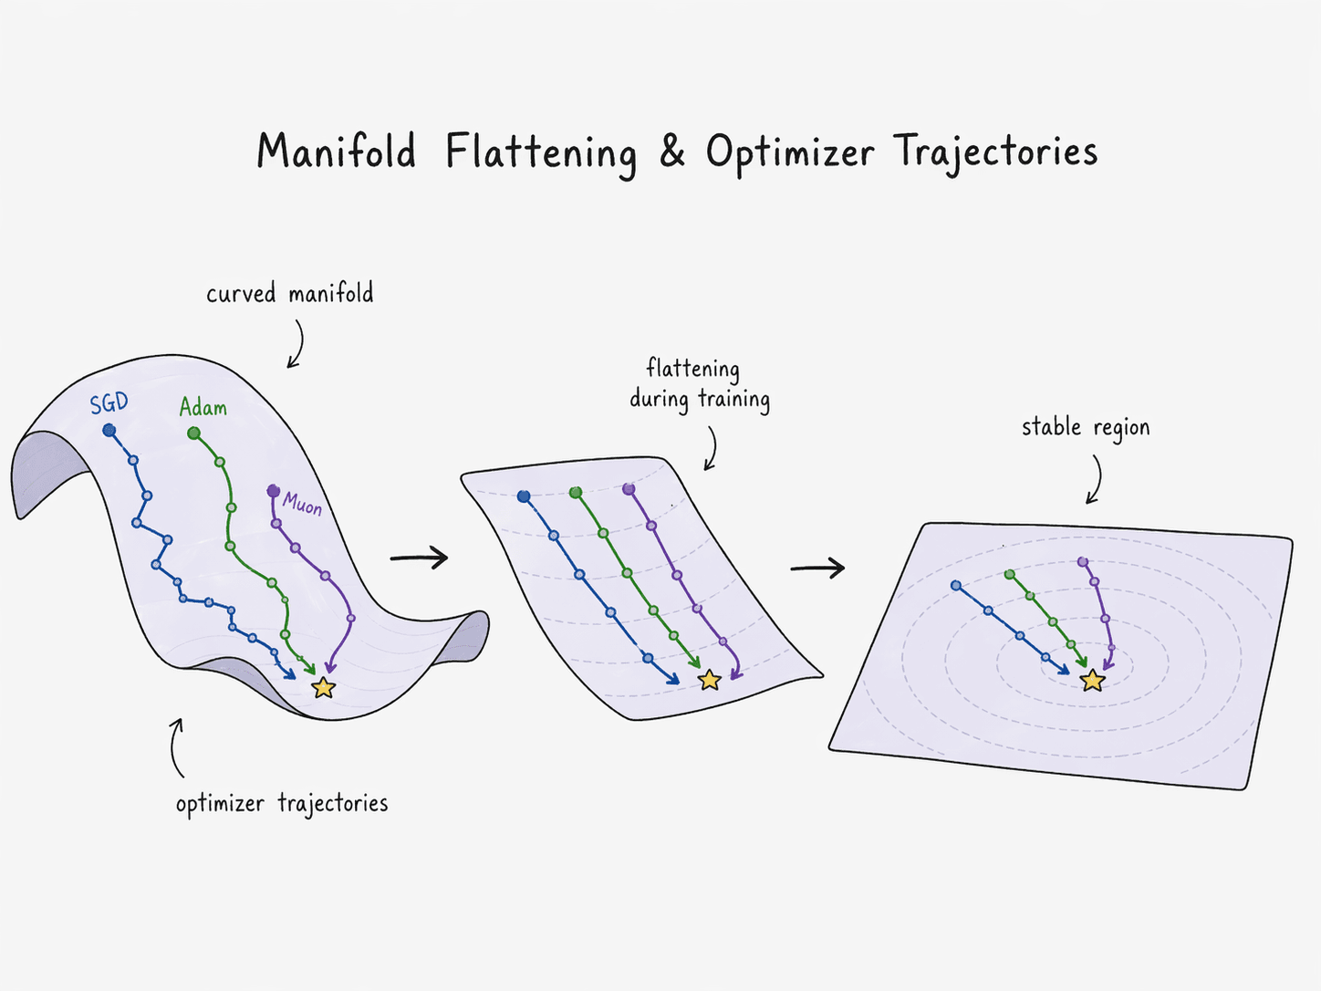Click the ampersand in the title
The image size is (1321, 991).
pyautogui.click(x=671, y=151)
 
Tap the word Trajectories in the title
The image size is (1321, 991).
pyautogui.click(x=995, y=152)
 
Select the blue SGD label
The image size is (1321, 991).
pyautogui.click(x=109, y=403)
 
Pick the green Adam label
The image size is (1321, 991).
pyautogui.click(x=203, y=407)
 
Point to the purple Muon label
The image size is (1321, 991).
pyautogui.click(x=302, y=503)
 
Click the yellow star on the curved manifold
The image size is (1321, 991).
pyautogui.click(x=323, y=687)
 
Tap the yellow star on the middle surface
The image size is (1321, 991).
pyautogui.click(x=709, y=680)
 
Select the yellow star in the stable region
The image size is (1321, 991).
pyautogui.click(x=1092, y=680)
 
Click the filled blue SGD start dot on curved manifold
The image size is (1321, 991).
pyautogui.click(x=109, y=430)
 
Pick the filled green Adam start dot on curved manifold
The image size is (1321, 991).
pyautogui.click(x=193, y=433)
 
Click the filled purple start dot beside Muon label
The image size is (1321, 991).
pyautogui.click(x=273, y=491)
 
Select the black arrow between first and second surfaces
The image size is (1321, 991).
pyautogui.click(x=419, y=558)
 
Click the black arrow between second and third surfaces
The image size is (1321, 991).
pyautogui.click(x=817, y=569)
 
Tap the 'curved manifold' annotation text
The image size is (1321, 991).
pyautogui.click(x=289, y=294)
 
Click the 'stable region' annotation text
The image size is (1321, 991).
pyautogui.click(x=1085, y=427)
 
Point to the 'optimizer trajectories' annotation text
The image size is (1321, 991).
pyautogui.click(x=281, y=803)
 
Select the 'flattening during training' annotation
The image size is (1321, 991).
pyautogui.click(x=699, y=384)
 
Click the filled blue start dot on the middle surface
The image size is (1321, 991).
pyautogui.click(x=524, y=496)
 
